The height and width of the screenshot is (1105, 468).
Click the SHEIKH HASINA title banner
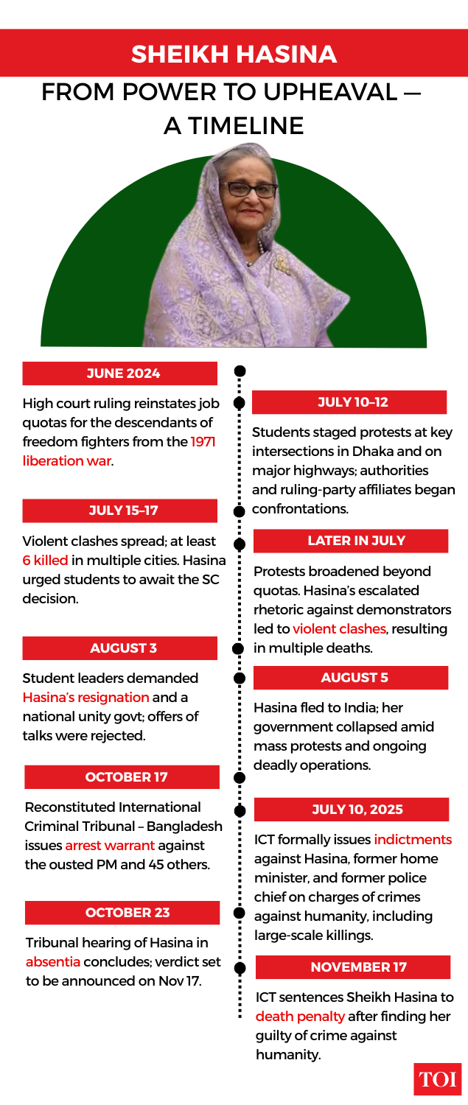click(x=234, y=54)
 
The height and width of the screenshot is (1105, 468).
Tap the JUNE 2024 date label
click(x=120, y=373)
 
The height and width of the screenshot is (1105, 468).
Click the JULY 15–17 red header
click(x=120, y=511)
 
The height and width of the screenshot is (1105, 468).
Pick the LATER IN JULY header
click(x=351, y=541)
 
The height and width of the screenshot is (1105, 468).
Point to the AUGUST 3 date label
click(x=120, y=648)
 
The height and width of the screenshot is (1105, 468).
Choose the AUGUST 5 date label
click(x=351, y=678)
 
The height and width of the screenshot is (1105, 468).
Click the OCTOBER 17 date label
click(x=122, y=777)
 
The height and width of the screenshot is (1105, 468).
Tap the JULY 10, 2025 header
click(x=352, y=810)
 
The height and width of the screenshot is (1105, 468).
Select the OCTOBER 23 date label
click(x=122, y=913)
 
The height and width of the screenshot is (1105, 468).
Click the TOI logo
click(x=438, y=1079)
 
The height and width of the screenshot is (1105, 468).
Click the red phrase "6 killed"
click(x=45, y=560)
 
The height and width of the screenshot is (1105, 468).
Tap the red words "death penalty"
click(x=300, y=1017)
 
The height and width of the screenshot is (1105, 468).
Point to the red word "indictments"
click(x=413, y=840)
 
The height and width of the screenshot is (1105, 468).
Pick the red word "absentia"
click(x=52, y=962)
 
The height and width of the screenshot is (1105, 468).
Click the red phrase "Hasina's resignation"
click(x=85, y=697)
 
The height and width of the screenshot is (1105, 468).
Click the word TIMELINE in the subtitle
click(x=234, y=125)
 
